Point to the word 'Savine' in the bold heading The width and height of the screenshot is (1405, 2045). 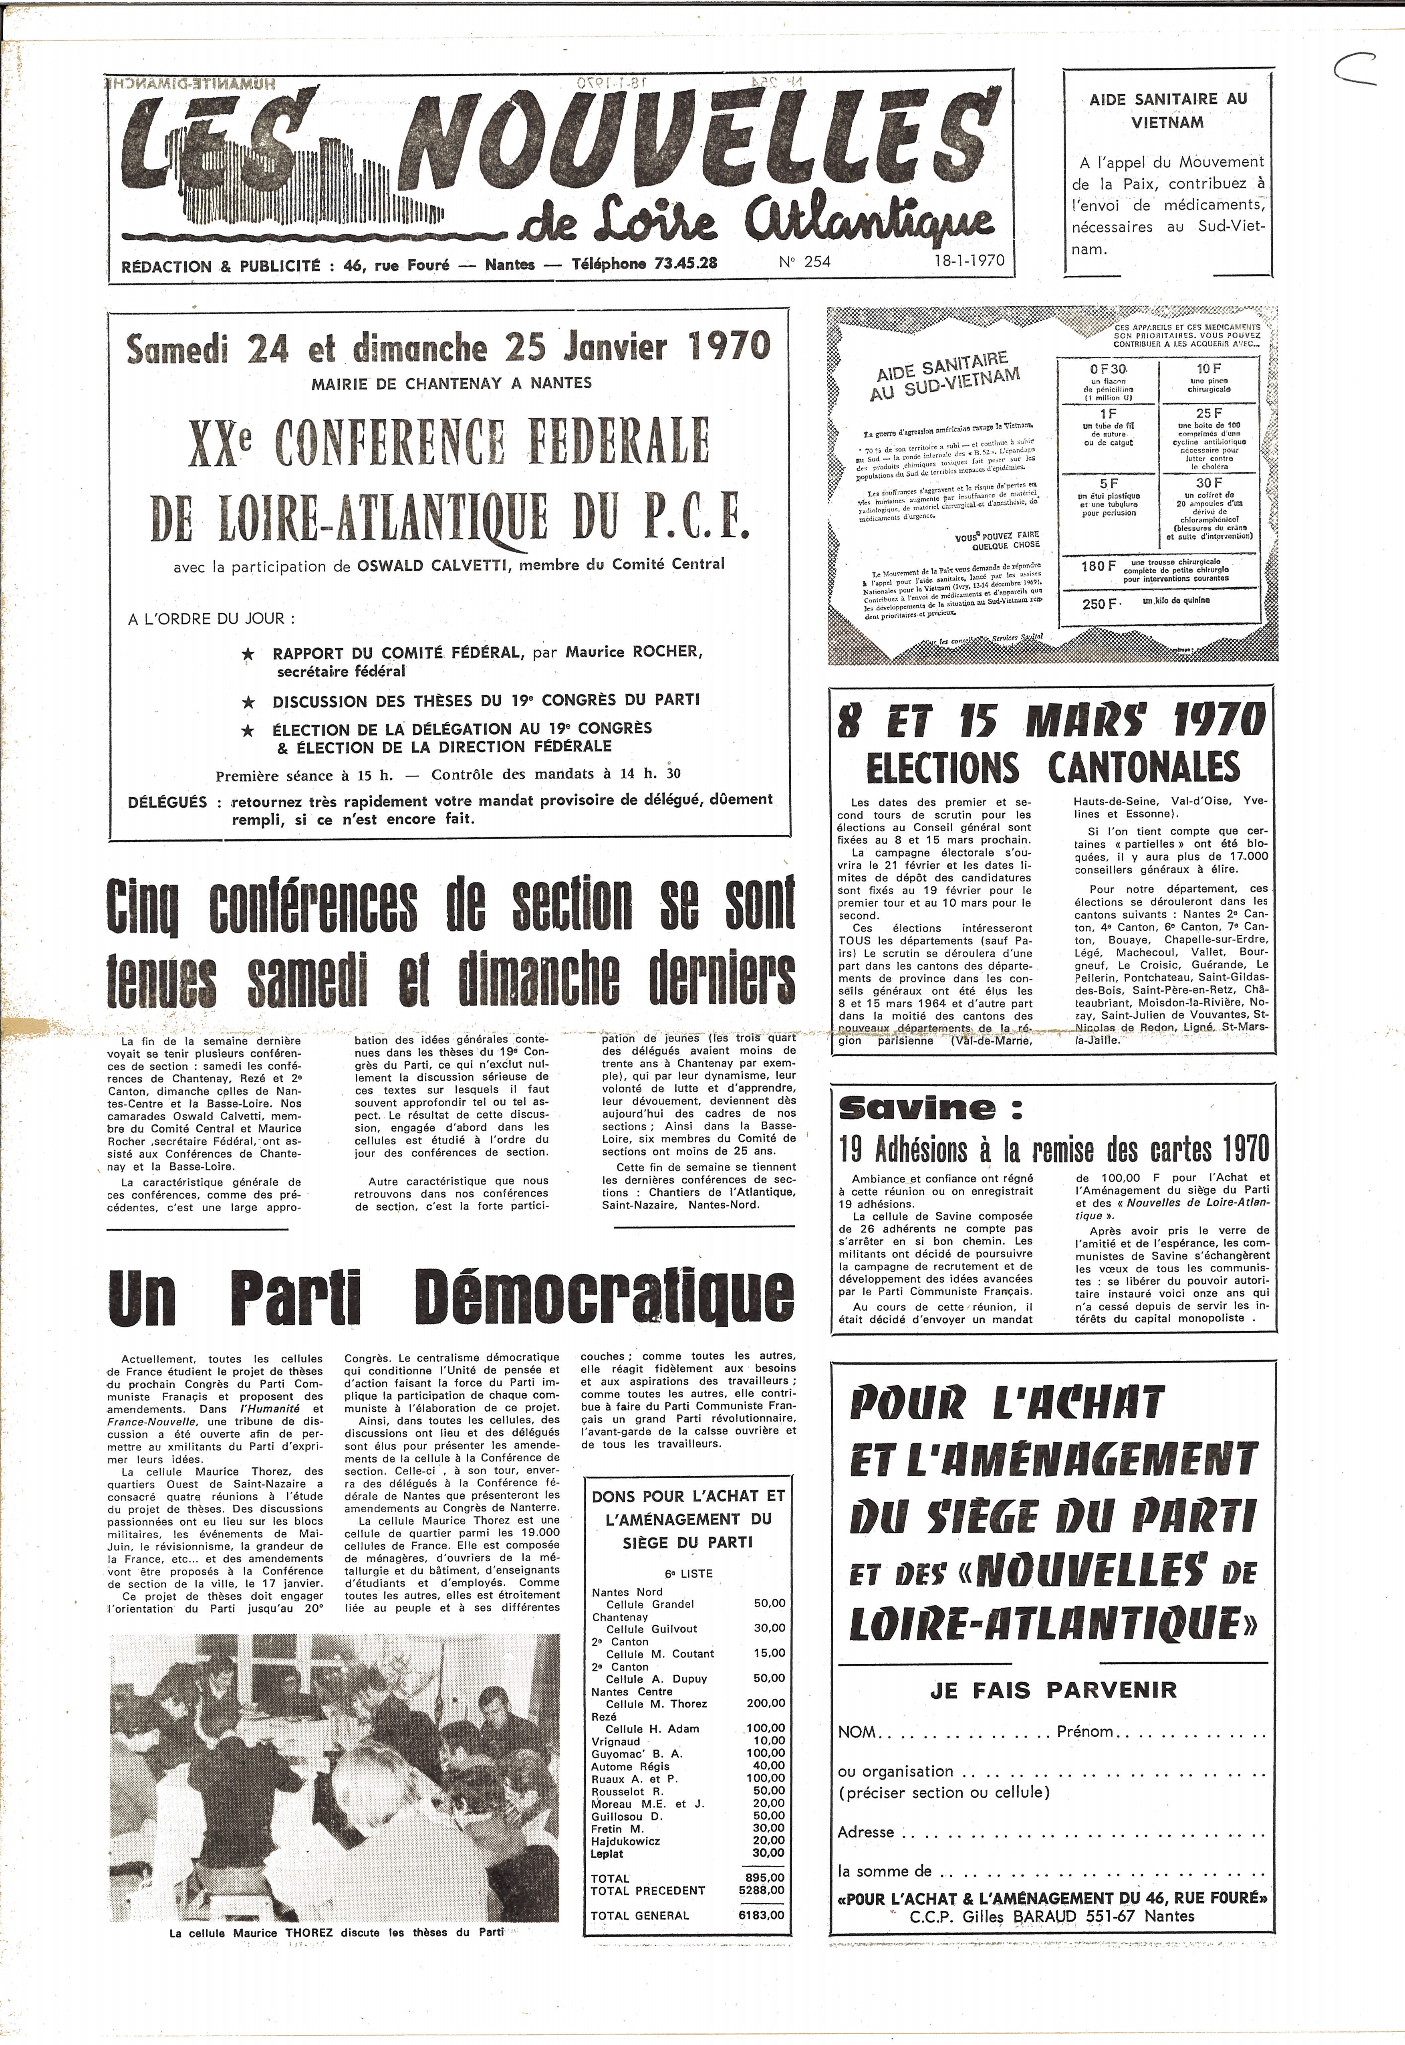917,1108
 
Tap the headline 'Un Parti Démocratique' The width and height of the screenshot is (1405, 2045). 451,1296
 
